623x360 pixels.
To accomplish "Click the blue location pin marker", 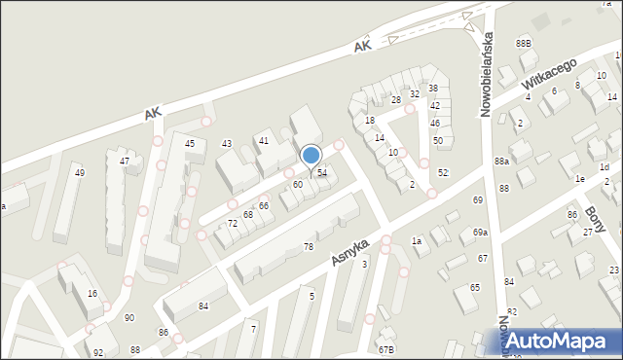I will click(x=311, y=157).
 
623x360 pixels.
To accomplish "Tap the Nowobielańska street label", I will click(x=490, y=75).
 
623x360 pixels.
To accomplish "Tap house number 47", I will click(x=125, y=161).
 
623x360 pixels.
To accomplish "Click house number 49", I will click(x=80, y=173).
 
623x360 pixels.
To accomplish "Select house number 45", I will click(x=190, y=144).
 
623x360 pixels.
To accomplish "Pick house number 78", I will click(x=309, y=247).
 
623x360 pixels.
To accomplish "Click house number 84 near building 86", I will click(x=203, y=306).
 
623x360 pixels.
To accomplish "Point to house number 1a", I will click(x=416, y=240).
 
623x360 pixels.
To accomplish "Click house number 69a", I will click(x=481, y=233).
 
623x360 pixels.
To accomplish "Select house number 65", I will click(x=475, y=288).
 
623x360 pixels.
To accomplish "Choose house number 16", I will click(x=92, y=293).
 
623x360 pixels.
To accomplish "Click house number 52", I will click(x=443, y=172).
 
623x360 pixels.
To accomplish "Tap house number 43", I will click(x=227, y=144).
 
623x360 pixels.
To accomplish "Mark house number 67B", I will click(x=386, y=349).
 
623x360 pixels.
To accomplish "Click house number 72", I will click(x=233, y=224).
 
